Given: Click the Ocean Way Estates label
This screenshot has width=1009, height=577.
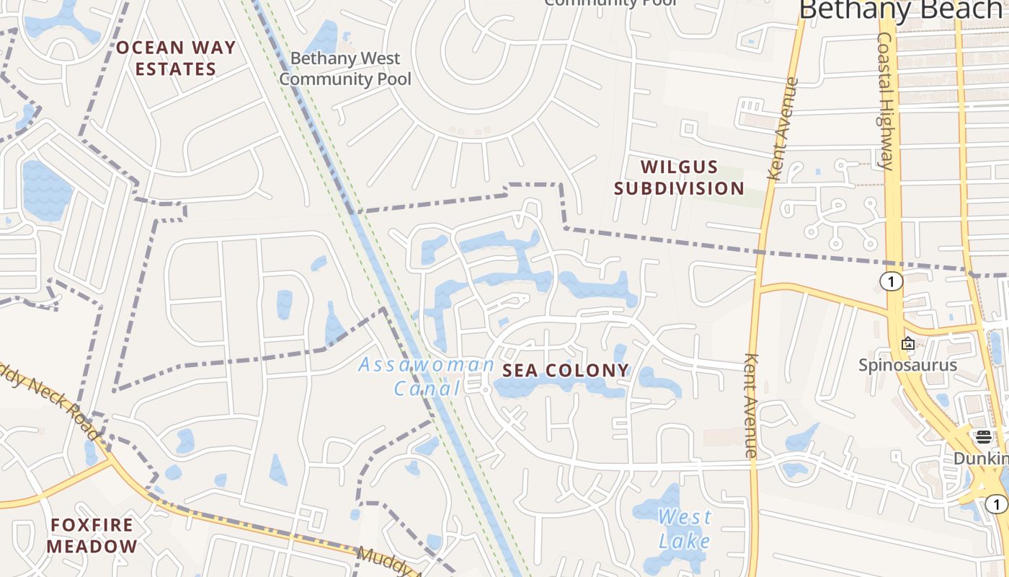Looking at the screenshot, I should pyautogui.click(x=176, y=58).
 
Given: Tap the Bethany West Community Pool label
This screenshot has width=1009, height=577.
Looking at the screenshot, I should pyautogui.click(x=345, y=69).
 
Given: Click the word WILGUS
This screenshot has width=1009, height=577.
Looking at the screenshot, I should pyautogui.click(x=679, y=167).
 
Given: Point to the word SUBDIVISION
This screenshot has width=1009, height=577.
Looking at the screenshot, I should pyautogui.click(x=679, y=189).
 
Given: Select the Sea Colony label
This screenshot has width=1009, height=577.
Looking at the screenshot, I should pyautogui.click(x=566, y=371).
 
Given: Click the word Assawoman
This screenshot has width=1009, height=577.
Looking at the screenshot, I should pyautogui.click(x=427, y=364).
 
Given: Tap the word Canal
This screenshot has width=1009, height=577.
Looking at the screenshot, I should pyautogui.click(x=427, y=389).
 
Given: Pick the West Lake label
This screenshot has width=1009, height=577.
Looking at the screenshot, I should pyautogui.click(x=684, y=529).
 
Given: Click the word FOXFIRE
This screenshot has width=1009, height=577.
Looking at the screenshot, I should pyautogui.click(x=92, y=524).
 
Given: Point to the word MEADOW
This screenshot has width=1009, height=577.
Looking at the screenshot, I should pyautogui.click(x=92, y=546).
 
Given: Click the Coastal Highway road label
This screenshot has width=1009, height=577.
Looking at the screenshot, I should pyautogui.click(x=886, y=101).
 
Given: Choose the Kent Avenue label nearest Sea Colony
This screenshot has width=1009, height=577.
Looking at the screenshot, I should pyautogui.click(x=751, y=405).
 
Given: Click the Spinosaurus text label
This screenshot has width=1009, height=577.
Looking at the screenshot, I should pyautogui.click(x=907, y=365).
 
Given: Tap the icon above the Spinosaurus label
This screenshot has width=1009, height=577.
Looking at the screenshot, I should pyautogui.click(x=908, y=343).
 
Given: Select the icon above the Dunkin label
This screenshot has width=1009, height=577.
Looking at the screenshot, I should pyautogui.click(x=984, y=436).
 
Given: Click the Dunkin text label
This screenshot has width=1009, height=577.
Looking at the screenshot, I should pyautogui.click(x=980, y=459).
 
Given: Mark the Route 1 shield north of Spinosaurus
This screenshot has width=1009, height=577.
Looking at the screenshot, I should pyautogui.click(x=892, y=281).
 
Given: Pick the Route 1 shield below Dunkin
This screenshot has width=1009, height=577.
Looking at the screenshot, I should pyautogui.click(x=997, y=504).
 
